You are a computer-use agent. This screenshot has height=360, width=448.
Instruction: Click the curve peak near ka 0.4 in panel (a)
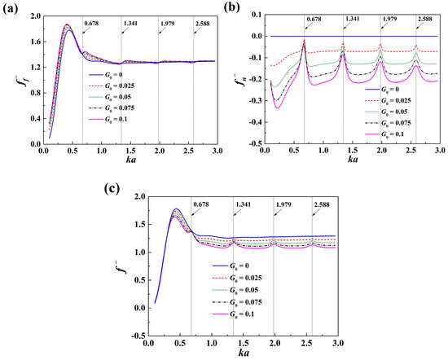[x=67, y=25]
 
